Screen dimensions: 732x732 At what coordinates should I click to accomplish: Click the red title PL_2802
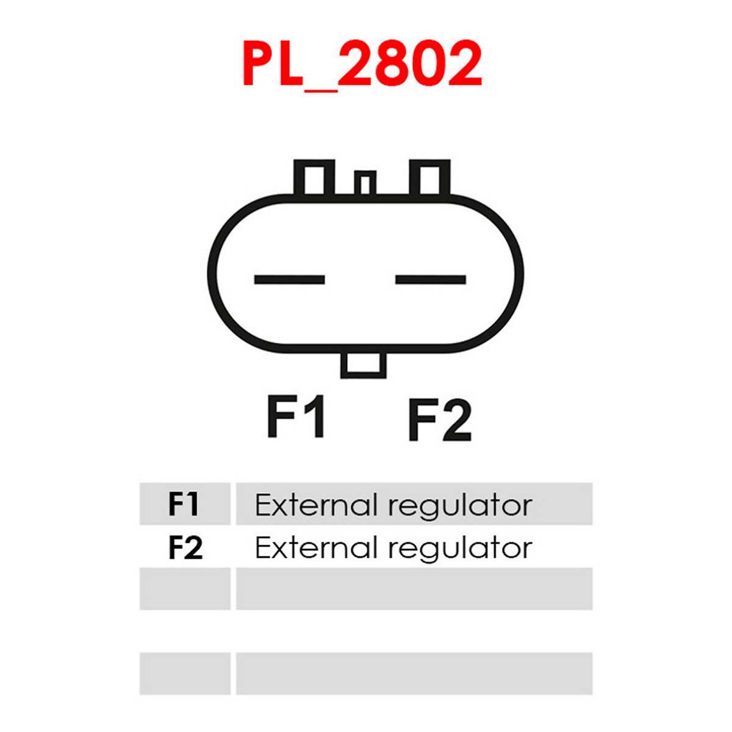[362, 64]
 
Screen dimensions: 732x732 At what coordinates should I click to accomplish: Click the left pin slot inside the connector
[289, 279]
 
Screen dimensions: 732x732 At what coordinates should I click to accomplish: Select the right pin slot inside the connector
[431, 279]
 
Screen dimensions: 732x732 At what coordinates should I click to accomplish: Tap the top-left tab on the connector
[314, 178]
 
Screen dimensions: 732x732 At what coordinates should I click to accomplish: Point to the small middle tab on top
[365, 183]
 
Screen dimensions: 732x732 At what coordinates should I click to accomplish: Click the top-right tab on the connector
[429, 178]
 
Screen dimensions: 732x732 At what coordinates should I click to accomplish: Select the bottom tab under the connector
[364, 365]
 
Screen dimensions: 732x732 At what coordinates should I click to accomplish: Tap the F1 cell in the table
[185, 504]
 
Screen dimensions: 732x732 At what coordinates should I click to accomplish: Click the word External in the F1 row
[317, 506]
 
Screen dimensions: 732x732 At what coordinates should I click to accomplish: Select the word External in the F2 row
[317, 548]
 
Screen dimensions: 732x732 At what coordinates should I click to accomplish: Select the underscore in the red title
[321, 90]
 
